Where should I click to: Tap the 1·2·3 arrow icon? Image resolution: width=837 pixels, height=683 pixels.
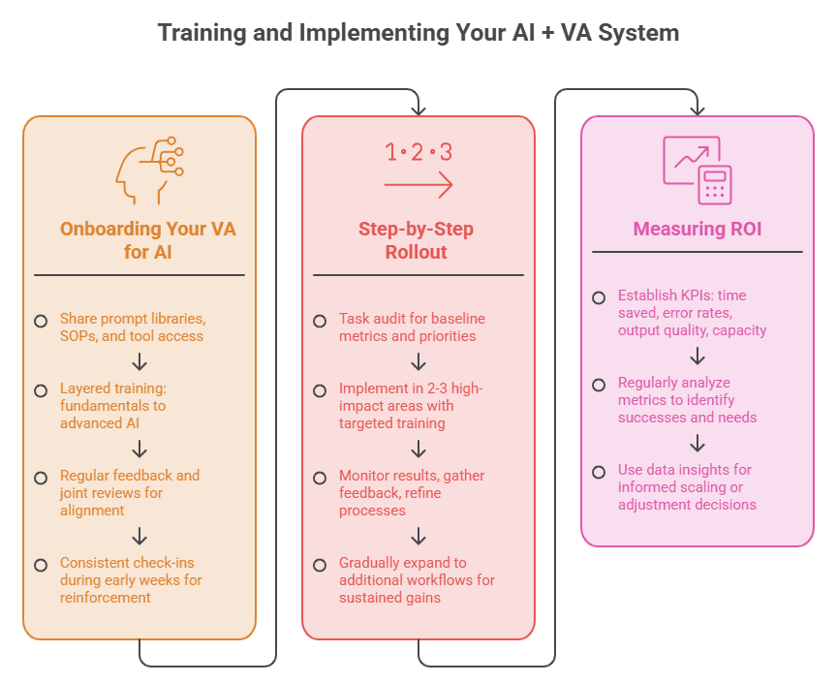pyautogui.click(x=418, y=170)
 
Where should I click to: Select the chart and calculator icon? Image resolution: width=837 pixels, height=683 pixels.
pyautogui.click(x=697, y=170)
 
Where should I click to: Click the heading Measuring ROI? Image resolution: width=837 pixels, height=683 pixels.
pyautogui.click(x=697, y=229)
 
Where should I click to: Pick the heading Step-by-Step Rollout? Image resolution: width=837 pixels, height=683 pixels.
pyautogui.click(x=416, y=240)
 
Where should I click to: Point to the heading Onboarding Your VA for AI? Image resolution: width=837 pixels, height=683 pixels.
pyautogui.click(x=148, y=240)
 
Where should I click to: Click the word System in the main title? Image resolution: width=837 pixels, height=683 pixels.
pyautogui.click(x=638, y=33)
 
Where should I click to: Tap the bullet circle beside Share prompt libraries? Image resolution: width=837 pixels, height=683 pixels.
pyautogui.click(x=41, y=321)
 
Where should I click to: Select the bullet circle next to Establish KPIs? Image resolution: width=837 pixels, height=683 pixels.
pyautogui.click(x=599, y=297)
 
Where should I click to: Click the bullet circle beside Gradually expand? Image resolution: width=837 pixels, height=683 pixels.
pyautogui.click(x=320, y=565)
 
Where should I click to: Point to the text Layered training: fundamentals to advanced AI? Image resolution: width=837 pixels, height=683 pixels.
pyautogui.click(x=113, y=406)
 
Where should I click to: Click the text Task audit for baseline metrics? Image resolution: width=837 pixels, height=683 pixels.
pyautogui.click(x=412, y=327)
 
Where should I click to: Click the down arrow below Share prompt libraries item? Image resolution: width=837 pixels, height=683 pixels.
pyautogui.click(x=139, y=361)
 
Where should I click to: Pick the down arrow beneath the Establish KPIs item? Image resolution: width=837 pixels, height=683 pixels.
pyautogui.click(x=697, y=356)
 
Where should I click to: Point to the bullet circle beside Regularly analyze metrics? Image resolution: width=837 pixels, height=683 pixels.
pyautogui.click(x=599, y=385)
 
